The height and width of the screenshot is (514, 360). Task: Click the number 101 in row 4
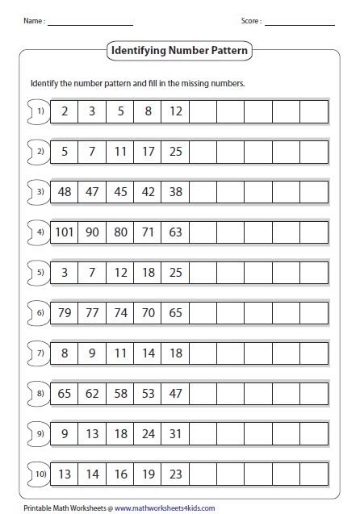pyautogui.click(x=64, y=232)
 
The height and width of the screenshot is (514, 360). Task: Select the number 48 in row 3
pyautogui.click(x=64, y=192)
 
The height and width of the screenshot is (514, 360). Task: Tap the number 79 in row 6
pyautogui.click(x=64, y=312)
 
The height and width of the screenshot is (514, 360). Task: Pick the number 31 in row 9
pyautogui.click(x=175, y=433)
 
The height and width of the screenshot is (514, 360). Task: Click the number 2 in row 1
pyautogui.click(x=64, y=111)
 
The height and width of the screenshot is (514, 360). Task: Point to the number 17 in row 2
pyautogui.click(x=148, y=152)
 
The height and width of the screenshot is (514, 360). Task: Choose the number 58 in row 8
pyautogui.click(x=120, y=393)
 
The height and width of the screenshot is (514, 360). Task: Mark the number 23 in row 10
pyautogui.click(x=175, y=474)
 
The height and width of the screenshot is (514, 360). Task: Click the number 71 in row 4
pyautogui.click(x=148, y=232)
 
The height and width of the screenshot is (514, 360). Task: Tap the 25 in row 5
pyautogui.click(x=175, y=273)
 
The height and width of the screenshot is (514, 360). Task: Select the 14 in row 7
pyautogui.click(x=148, y=353)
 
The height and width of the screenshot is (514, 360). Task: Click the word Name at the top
pyautogui.click(x=32, y=20)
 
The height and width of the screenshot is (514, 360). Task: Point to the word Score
pyautogui.click(x=251, y=20)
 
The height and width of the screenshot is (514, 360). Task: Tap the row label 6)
pyautogui.click(x=39, y=312)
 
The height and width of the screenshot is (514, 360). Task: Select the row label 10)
pyautogui.click(x=39, y=474)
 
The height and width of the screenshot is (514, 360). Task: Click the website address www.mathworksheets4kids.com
pyautogui.click(x=161, y=507)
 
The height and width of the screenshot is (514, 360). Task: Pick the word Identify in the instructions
pyautogui.click(x=45, y=83)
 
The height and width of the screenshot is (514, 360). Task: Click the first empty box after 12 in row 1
pyautogui.click(x=203, y=111)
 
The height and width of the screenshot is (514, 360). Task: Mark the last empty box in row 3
pyautogui.click(x=315, y=192)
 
